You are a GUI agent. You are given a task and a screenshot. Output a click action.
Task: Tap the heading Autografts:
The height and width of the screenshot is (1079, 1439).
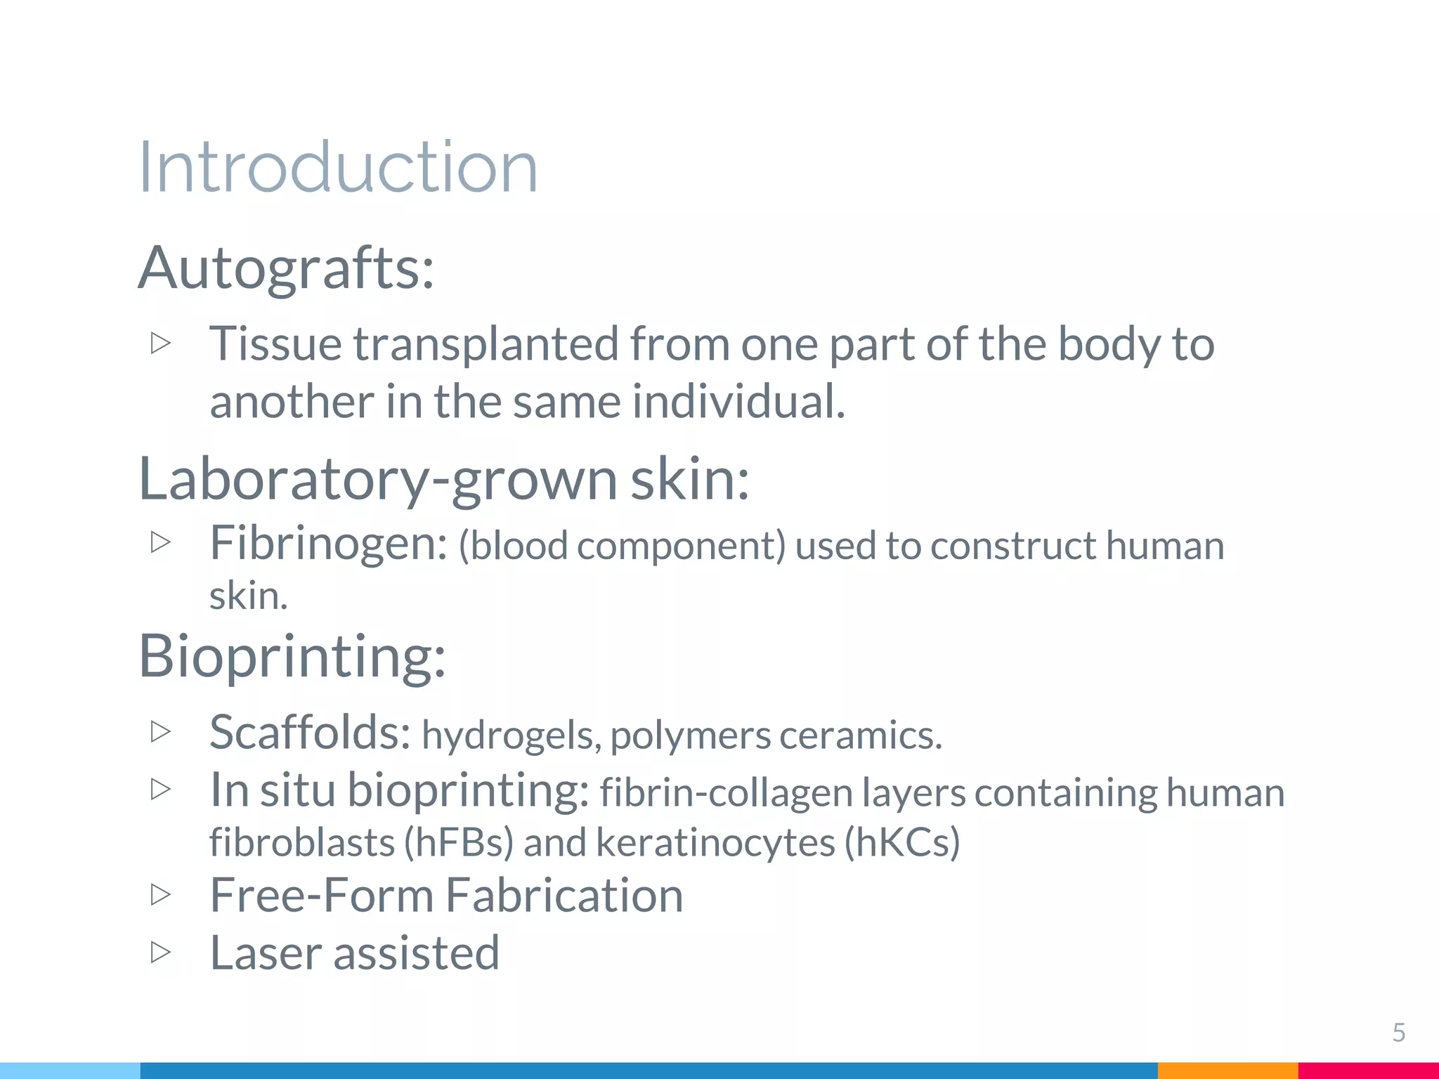pyautogui.click(x=286, y=268)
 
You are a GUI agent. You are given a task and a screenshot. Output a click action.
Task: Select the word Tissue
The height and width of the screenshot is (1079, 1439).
pyautogui.click(x=275, y=344)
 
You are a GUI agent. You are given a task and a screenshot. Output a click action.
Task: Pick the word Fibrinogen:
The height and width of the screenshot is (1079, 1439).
pyautogui.click(x=328, y=544)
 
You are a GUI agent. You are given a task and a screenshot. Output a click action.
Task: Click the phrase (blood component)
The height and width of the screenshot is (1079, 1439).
pyautogui.click(x=622, y=546)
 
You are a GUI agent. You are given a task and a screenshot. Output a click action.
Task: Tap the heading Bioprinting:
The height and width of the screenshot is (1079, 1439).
pyautogui.click(x=292, y=656)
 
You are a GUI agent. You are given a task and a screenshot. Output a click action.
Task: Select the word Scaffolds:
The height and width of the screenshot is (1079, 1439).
pyautogui.click(x=310, y=733)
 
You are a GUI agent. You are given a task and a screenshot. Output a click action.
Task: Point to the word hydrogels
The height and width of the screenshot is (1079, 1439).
pyautogui.click(x=511, y=735)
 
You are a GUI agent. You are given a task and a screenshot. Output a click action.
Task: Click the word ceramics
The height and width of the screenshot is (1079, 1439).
pyautogui.click(x=860, y=735)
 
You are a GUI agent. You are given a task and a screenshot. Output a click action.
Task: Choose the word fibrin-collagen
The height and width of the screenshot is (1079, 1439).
pyautogui.click(x=726, y=793)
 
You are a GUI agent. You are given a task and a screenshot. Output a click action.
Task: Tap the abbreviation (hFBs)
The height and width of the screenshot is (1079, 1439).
pyautogui.click(x=459, y=842)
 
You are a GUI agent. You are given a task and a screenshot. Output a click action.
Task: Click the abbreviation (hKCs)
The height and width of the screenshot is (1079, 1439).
pyautogui.click(x=901, y=842)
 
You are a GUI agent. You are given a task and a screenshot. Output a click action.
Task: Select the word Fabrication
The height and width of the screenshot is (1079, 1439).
pyautogui.click(x=564, y=896)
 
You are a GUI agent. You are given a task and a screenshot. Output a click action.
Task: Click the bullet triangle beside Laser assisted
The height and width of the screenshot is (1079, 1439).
pyautogui.click(x=161, y=953)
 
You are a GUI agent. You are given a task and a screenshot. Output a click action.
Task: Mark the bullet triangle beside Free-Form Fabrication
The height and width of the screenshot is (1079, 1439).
pyautogui.click(x=161, y=894)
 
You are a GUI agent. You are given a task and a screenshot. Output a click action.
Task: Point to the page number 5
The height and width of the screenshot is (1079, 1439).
pyautogui.click(x=1398, y=1033)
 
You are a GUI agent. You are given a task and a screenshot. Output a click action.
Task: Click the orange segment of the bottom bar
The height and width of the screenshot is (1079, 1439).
pyautogui.click(x=1227, y=1071)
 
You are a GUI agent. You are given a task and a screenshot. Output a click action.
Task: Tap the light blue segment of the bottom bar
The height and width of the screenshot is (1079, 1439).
pyautogui.click(x=70, y=1071)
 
